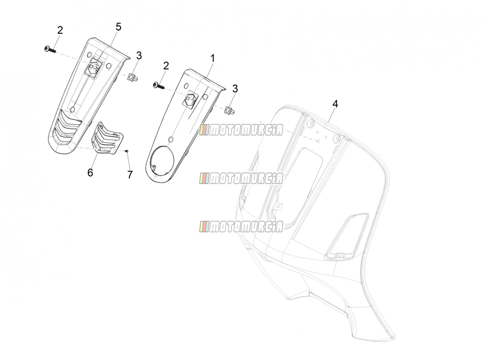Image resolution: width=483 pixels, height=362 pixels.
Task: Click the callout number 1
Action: click(212, 59)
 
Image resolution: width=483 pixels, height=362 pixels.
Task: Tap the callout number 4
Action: click(335, 104)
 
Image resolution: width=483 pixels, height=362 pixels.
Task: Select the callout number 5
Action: click(118, 27)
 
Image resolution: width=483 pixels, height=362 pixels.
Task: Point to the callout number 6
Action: click(90, 173)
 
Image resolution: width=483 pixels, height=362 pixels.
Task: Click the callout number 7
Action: click(130, 175)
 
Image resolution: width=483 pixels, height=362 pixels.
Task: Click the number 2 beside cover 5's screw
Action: click(60, 30)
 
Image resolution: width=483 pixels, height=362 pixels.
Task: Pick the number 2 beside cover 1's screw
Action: click(166, 66)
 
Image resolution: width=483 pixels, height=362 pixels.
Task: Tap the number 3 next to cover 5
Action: click(139, 56)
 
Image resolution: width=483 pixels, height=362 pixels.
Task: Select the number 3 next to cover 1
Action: click(235, 89)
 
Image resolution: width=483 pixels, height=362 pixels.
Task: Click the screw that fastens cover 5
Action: click(50, 49)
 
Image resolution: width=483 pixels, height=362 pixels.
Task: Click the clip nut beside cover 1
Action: click(229, 110)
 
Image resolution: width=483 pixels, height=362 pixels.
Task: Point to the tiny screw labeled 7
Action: click(126, 151)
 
